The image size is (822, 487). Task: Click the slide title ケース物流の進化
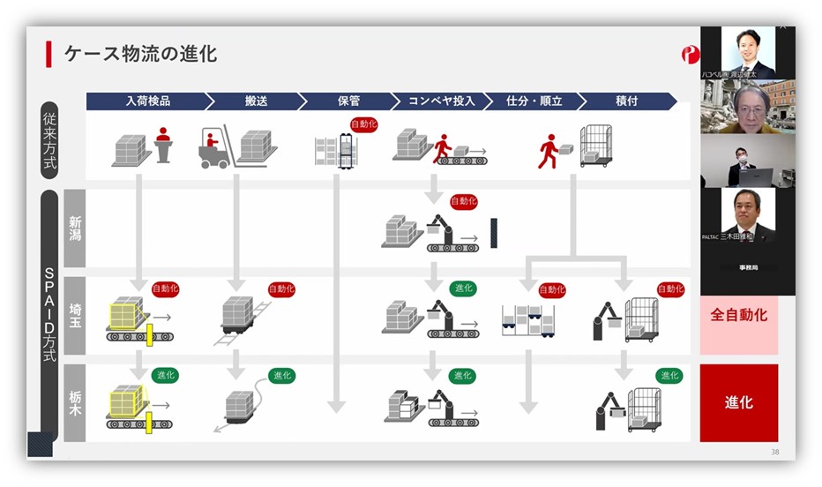pyautogui.click(x=140, y=54)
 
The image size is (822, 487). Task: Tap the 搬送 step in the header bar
pyautogui.click(x=256, y=101)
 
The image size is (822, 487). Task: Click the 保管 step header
pyautogui.click(x=347, y=101)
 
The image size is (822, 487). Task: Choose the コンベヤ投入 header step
pyautogui.click(x=441, y=101)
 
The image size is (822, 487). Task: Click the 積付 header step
pyautogui.click(x=627, y=101)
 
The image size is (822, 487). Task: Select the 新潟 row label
pyautogui.click(x=75, y=227)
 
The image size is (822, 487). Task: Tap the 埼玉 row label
pyautogui.click(x=75, y=314)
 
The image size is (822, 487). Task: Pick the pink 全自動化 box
pyautogui.click(x=738, y=315)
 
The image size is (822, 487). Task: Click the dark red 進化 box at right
pyautogui.click(x=738, y=402)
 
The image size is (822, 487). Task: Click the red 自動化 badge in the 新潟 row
pyautogui.click(x=463, y=202)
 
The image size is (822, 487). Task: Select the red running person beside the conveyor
pyautogui.click(x=442, y=146)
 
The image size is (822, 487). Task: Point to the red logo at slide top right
pyautogui.click(x=689, y=55)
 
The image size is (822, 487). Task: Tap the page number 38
pyautogui.click(x=774, y=452)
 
